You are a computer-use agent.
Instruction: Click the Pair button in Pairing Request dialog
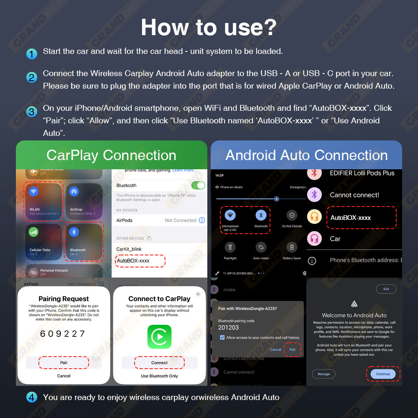pos(64,362)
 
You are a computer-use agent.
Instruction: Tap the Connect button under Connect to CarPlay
pos(159,362)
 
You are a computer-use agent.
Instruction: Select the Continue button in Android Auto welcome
pos(383,374)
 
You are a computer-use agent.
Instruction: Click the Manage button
pos(324,374)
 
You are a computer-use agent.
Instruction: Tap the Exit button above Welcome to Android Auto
pos(386,289)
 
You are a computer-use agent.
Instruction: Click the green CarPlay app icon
pos(159,337)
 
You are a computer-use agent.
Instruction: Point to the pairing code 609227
pos(63,334)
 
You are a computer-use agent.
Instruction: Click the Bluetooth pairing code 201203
pos(229,327)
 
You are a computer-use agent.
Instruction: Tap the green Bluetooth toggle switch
pos(198,185)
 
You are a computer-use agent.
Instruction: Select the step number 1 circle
pos(32,54)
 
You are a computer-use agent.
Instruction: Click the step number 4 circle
pos(32,397)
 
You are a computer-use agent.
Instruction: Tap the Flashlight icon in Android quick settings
pos(230,247)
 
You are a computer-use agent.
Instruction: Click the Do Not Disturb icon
pos(292,215)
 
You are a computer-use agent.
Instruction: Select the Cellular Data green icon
pos(33,232)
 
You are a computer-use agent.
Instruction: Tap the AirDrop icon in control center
pos(74,191)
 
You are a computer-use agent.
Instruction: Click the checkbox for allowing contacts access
pos(222,337)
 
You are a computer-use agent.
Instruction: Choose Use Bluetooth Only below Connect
pos(159,376)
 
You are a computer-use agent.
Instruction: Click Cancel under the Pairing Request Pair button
pos(64,376)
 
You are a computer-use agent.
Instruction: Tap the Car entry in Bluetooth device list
pos(335,239)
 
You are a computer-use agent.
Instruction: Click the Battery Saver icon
pos(292,247)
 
